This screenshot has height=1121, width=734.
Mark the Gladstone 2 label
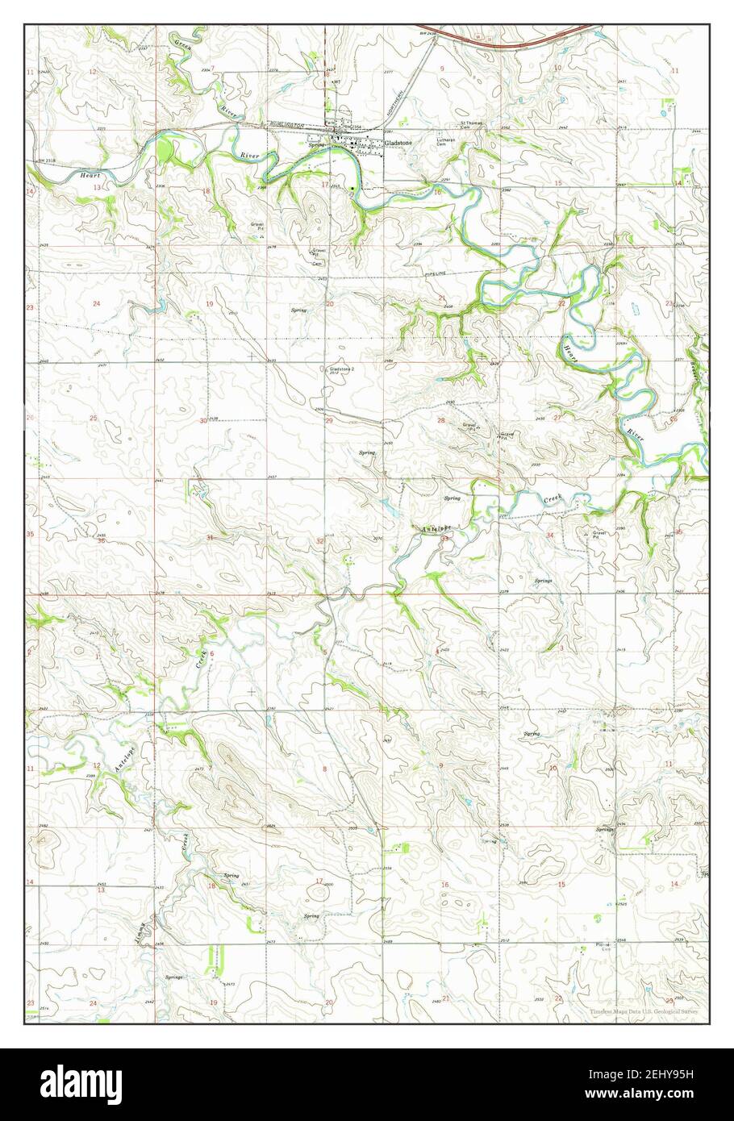click(342, 370)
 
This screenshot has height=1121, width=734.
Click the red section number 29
click(329, 421)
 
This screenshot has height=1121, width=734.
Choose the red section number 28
click(441, 421)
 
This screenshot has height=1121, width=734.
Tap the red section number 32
click(320, 540)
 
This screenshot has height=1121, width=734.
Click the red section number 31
click(210, 537)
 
